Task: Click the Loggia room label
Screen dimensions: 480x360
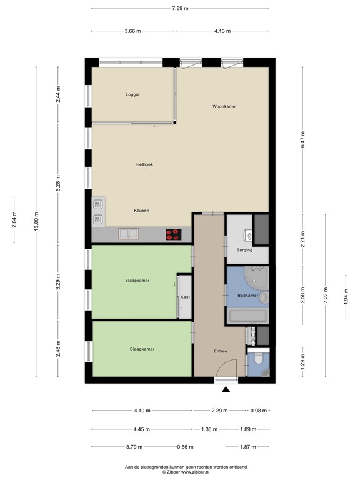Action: [132, 95]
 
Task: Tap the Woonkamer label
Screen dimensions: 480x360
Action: [224, 107]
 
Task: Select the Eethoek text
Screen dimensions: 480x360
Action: [144, 164]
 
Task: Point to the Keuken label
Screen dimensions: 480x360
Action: [141, 211]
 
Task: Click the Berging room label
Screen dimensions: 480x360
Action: [244, 250]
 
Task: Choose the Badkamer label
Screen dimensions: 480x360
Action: [247, 295]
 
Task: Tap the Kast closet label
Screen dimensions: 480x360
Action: [185, 297]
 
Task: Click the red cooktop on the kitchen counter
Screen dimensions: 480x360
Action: [173, 234]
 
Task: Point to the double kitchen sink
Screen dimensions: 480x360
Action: [130, 234]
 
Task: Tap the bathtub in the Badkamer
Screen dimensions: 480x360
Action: [247, 316]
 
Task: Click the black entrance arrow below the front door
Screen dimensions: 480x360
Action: [226, 390]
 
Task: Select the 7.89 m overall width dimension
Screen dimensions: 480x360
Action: [180, 8]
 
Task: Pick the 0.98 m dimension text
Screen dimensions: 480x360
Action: [259, 411]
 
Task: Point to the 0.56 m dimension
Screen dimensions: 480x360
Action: [184, 447]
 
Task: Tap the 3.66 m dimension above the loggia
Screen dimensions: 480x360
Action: [132, 31]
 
